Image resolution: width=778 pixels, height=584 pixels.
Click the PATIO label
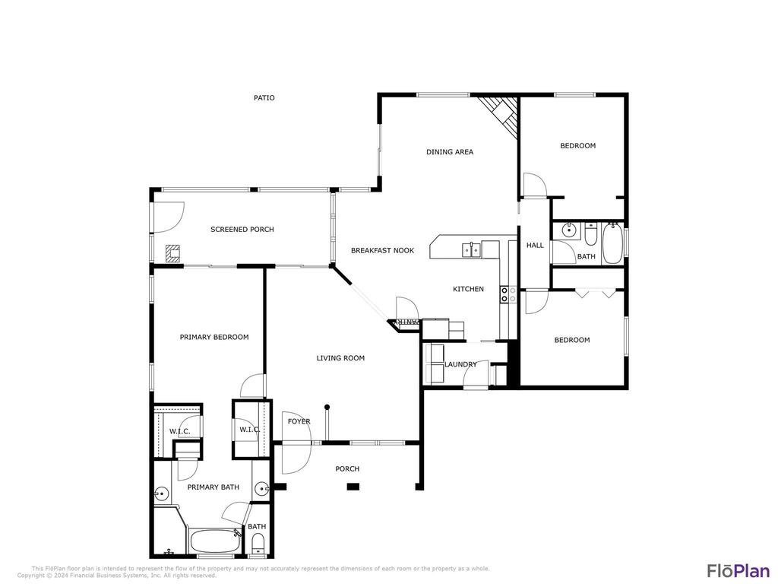point(264,98)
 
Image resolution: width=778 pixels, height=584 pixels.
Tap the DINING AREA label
point(450,152)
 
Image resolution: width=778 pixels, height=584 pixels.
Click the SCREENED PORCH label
point(242,230)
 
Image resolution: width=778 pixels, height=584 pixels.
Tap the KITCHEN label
point(468,289)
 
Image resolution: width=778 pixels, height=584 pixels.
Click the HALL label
point(535,246)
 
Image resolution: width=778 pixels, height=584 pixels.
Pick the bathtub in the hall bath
point(612,243)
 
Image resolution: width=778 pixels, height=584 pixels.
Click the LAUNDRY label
point(460,364)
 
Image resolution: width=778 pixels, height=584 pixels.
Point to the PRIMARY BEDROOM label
point(213,337)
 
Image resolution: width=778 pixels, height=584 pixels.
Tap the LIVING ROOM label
point(340,358)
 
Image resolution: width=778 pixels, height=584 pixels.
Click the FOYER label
point(299,421)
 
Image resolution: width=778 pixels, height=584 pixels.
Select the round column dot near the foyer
point(327,407)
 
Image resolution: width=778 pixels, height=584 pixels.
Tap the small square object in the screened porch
point(174,253)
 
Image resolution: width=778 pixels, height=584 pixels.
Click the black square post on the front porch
point(353,486)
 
